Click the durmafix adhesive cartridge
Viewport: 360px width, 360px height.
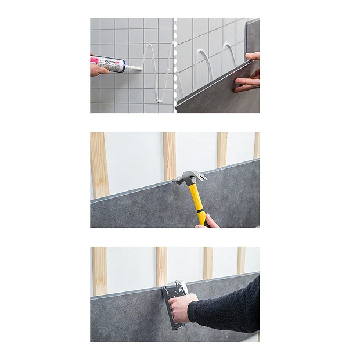click(109, 64)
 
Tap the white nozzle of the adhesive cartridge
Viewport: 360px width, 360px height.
click(133, 69)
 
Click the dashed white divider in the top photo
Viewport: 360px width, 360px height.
click(175, 65)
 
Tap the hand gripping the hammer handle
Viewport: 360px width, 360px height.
click(209, 221)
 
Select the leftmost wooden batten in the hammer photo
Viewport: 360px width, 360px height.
click(99, 165)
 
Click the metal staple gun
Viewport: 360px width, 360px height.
click(174, 302)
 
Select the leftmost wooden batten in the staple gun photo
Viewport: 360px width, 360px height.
click(99, 270)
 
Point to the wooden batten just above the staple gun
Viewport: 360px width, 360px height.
click(161, 264)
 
